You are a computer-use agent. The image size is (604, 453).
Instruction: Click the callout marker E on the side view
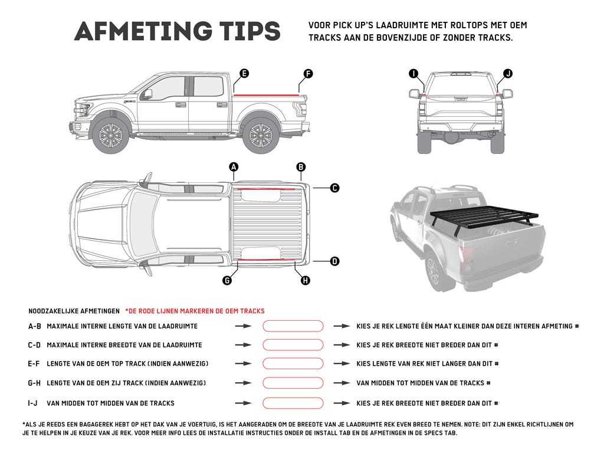point(244,74)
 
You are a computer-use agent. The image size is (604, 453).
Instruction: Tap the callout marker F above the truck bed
point(308,74)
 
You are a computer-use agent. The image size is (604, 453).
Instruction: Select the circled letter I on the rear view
point(413,74)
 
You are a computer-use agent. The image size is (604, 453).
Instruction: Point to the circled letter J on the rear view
point(507,74)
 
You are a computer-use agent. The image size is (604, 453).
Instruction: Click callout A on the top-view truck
point(234,167)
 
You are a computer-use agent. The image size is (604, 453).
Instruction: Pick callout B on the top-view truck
point(301,167)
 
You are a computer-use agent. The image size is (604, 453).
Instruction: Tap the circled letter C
point(334,188)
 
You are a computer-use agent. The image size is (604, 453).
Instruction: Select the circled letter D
point(334,261)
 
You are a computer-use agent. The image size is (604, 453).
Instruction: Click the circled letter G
point(226,281)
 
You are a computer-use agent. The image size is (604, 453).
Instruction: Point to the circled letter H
point(305,281)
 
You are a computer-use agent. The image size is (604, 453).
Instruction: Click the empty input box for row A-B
point(293,326)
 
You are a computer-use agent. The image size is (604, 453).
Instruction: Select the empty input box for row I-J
point(293,403)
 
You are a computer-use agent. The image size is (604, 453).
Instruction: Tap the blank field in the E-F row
point(293,364)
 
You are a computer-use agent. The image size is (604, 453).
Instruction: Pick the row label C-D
point(35,345)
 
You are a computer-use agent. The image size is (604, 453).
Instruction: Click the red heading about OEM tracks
point(195,311)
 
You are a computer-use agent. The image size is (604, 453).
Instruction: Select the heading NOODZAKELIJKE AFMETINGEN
point(73,311)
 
